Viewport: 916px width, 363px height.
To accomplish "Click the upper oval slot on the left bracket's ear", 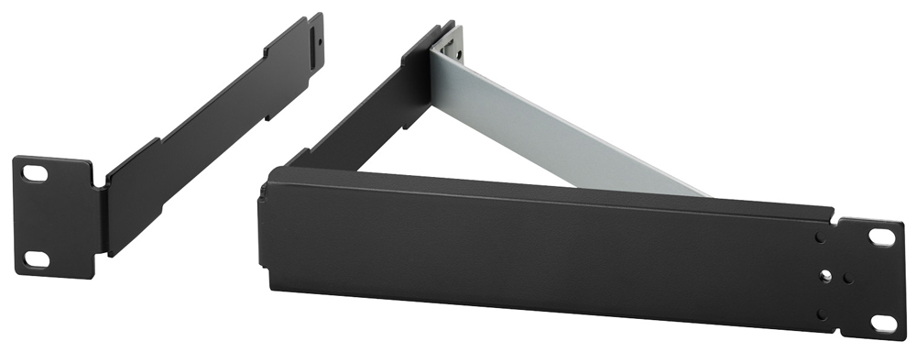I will [34, 171].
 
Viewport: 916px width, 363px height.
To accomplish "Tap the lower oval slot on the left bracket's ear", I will [36, 258].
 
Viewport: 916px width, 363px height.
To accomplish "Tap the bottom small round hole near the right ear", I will [822, 313].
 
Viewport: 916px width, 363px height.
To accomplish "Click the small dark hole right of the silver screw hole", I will [847, 276].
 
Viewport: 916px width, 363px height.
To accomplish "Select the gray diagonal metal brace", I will [568, 128].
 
